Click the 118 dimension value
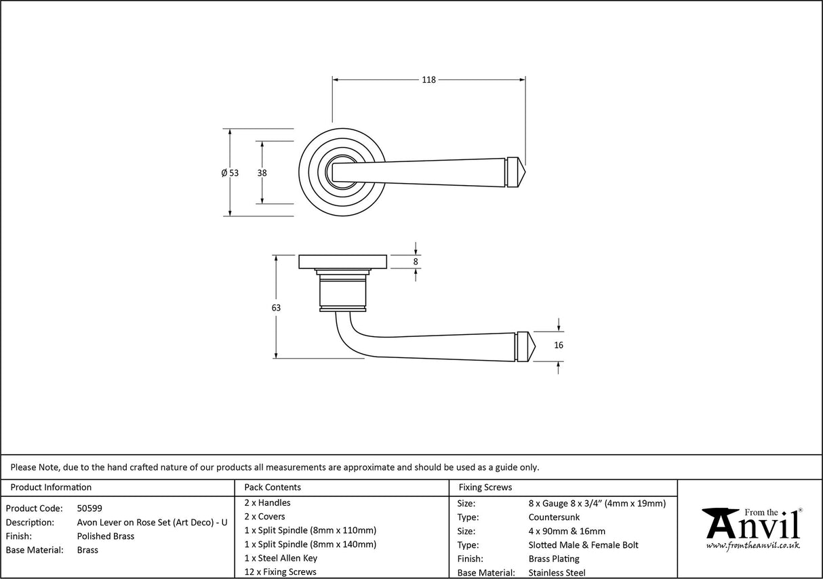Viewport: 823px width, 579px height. [428, 80]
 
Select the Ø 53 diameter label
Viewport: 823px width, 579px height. [230, 173]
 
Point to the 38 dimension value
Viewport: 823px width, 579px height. [262, 173]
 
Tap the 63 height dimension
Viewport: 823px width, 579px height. [275, 308]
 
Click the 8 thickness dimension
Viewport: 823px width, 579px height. [416, 262]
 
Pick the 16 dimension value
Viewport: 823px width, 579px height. [559, 345]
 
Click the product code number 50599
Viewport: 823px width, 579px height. [90, 508]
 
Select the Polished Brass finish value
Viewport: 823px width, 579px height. [106, 536]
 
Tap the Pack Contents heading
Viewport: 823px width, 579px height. [272, 487]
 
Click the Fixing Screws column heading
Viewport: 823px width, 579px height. [485, 487]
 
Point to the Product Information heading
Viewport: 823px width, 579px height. [51, 487]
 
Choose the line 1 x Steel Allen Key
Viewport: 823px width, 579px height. [281, 558]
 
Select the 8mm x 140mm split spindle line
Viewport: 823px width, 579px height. [310, 544]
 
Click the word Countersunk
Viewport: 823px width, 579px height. [554, 517]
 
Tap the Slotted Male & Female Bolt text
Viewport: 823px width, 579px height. [583, 544]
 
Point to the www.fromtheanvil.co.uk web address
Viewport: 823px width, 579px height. [752, 545]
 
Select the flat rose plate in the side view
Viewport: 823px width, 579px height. [342, 262]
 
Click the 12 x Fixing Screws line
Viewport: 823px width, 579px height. [280, 572]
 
